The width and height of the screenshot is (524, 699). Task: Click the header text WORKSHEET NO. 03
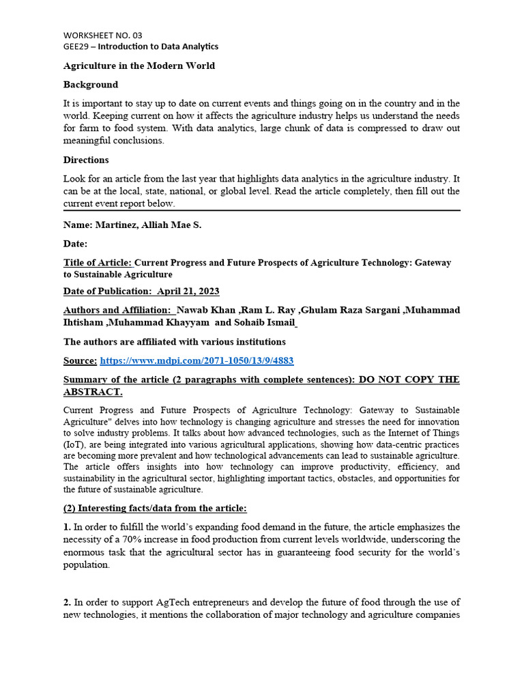click(103, 35)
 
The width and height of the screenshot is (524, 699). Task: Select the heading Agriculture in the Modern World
click(139, 66)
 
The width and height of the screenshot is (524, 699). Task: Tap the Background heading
click(91, 85)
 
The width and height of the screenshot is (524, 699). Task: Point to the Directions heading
click(86, 160)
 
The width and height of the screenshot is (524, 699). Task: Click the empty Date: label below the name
click(75, 244)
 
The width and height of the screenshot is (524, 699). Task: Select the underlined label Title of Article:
click(98, 263)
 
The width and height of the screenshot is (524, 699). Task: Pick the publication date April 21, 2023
click(188, 291)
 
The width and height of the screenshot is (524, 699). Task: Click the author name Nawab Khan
click(203, 310)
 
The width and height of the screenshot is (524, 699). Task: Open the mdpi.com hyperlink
click(197, 360)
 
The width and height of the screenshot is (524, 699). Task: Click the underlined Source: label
click(80, 360)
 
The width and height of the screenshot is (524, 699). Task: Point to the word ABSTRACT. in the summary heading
click(93, 392)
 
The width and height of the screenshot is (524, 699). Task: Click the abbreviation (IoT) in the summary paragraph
click(74, 444)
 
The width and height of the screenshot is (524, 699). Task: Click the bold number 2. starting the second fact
click(68, 602)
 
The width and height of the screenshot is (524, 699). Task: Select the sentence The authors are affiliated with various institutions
click(175, 341)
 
